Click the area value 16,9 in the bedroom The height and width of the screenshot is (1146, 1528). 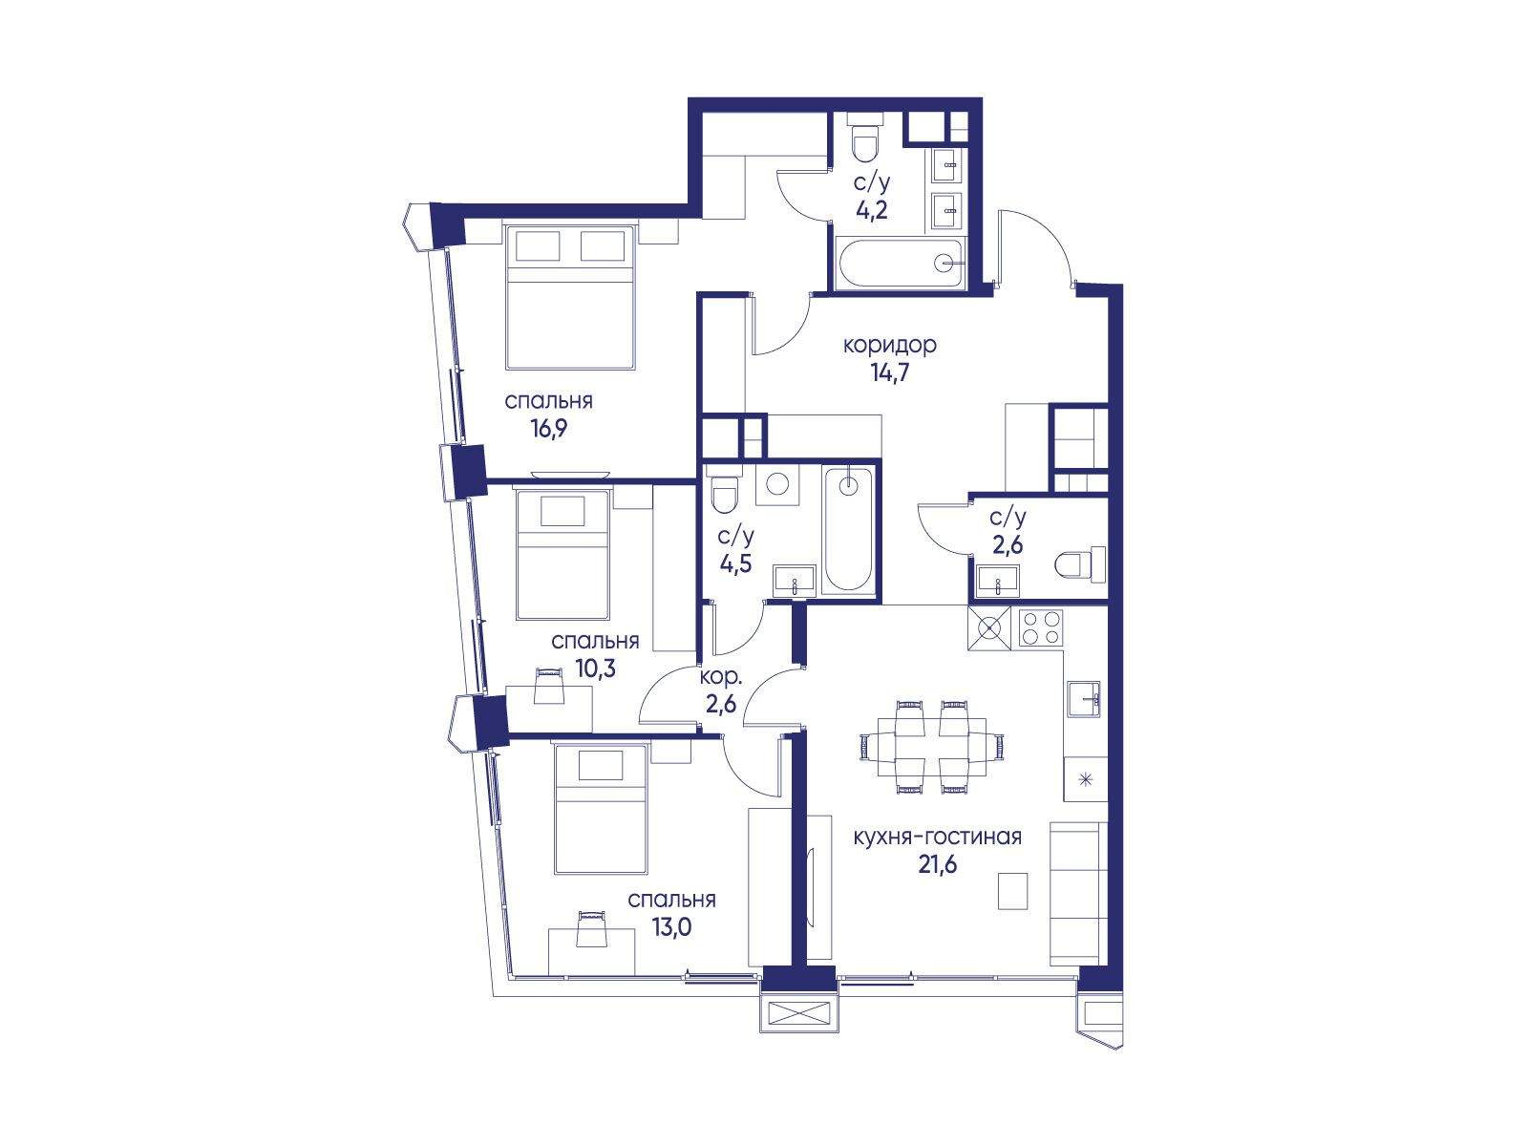point(548,429)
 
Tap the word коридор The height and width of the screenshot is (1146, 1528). point(890,345)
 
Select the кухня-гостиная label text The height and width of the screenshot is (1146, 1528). point(937,837)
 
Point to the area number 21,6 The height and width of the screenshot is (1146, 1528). point(937,865)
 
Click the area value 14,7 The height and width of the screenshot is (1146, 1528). point(890,373)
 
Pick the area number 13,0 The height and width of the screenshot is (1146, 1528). point(671,927)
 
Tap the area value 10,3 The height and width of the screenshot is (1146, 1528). point(596,669)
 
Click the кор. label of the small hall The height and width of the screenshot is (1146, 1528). point(720,677)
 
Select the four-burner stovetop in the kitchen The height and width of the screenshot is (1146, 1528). point(1041,628)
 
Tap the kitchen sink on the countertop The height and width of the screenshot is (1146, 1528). point(1084,699)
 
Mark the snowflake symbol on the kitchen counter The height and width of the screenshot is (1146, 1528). point(1084,779)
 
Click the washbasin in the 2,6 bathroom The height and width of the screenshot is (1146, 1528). point(998,583)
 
